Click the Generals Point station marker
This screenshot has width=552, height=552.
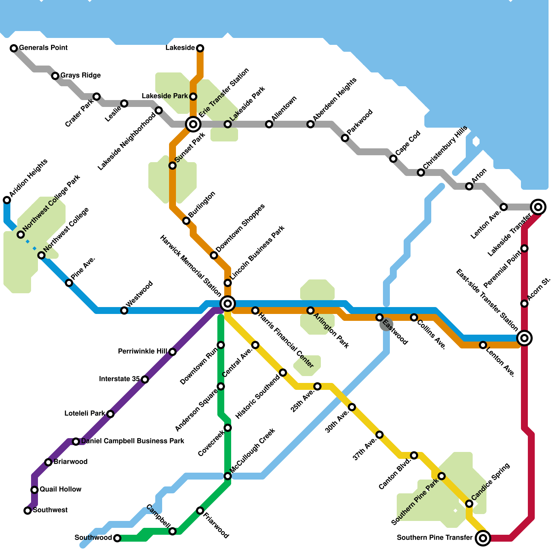(x=14, y=48)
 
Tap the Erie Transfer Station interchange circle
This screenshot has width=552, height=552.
(x=193, y=124)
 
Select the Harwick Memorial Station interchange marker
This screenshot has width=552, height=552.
(x=228, y=304)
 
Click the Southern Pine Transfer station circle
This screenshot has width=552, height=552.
(x=483, y=538)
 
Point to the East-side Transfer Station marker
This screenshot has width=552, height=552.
(x=524, y=338)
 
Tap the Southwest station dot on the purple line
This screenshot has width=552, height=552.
(x=28, y=511)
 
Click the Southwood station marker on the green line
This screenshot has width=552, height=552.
(x=117, y=538)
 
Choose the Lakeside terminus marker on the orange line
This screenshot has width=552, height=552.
(x=200, y=48)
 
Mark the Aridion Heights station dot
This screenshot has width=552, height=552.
(x=7, y=200)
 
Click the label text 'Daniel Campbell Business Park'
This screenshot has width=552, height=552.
(x=133, y=441)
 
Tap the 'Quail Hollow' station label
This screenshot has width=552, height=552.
(x=60, y=489)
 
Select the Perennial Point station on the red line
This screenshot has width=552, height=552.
(x=524, y=248)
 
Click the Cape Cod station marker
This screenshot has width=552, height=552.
(x=393, y=159)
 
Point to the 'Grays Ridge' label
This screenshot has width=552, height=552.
(x=80, y=75)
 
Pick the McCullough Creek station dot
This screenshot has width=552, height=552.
(x=228, y=476)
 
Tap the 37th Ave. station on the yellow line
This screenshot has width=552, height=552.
(x=379, y=435)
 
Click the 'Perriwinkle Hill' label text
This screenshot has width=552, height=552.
(x=142, y=352)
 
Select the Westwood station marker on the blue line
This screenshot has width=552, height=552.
(x=124, y=310)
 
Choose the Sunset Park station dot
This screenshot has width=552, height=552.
(x=172, y=166)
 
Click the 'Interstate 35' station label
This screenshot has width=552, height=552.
(x=119, y=379)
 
